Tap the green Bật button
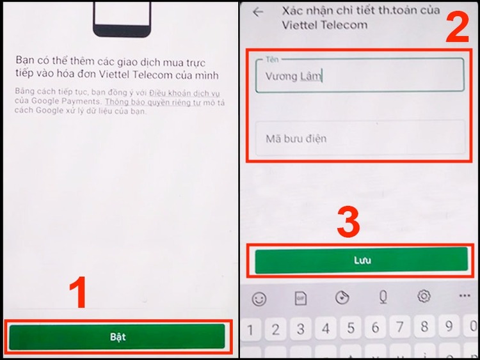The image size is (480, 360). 117,336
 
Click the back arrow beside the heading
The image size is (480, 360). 258,12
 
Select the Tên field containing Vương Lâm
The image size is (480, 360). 360,76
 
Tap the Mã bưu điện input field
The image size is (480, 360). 360,138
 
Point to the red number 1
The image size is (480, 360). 78,295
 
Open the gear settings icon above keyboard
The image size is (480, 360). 424,297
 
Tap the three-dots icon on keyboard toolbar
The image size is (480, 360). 465,297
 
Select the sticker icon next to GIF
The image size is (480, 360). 342,297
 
